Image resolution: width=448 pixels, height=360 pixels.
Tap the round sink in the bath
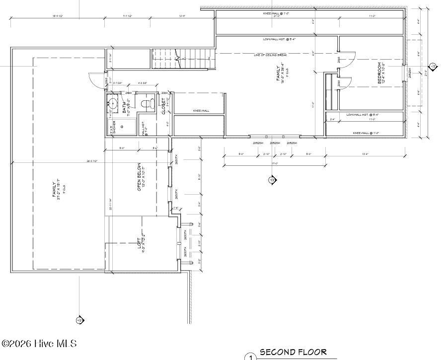click(113, 105)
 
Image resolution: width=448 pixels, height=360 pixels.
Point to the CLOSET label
click(163, 106)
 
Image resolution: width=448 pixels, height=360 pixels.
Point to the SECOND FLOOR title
click(293, 352)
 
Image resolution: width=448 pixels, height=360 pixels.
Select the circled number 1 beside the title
click(251, 357)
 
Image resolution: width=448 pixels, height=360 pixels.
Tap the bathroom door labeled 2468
click(128, 93)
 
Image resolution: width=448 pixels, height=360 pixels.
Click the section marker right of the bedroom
click(433, 66)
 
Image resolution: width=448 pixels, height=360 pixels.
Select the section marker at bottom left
click(79, 320)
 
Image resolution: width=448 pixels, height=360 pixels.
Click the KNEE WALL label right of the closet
click(200, 111)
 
